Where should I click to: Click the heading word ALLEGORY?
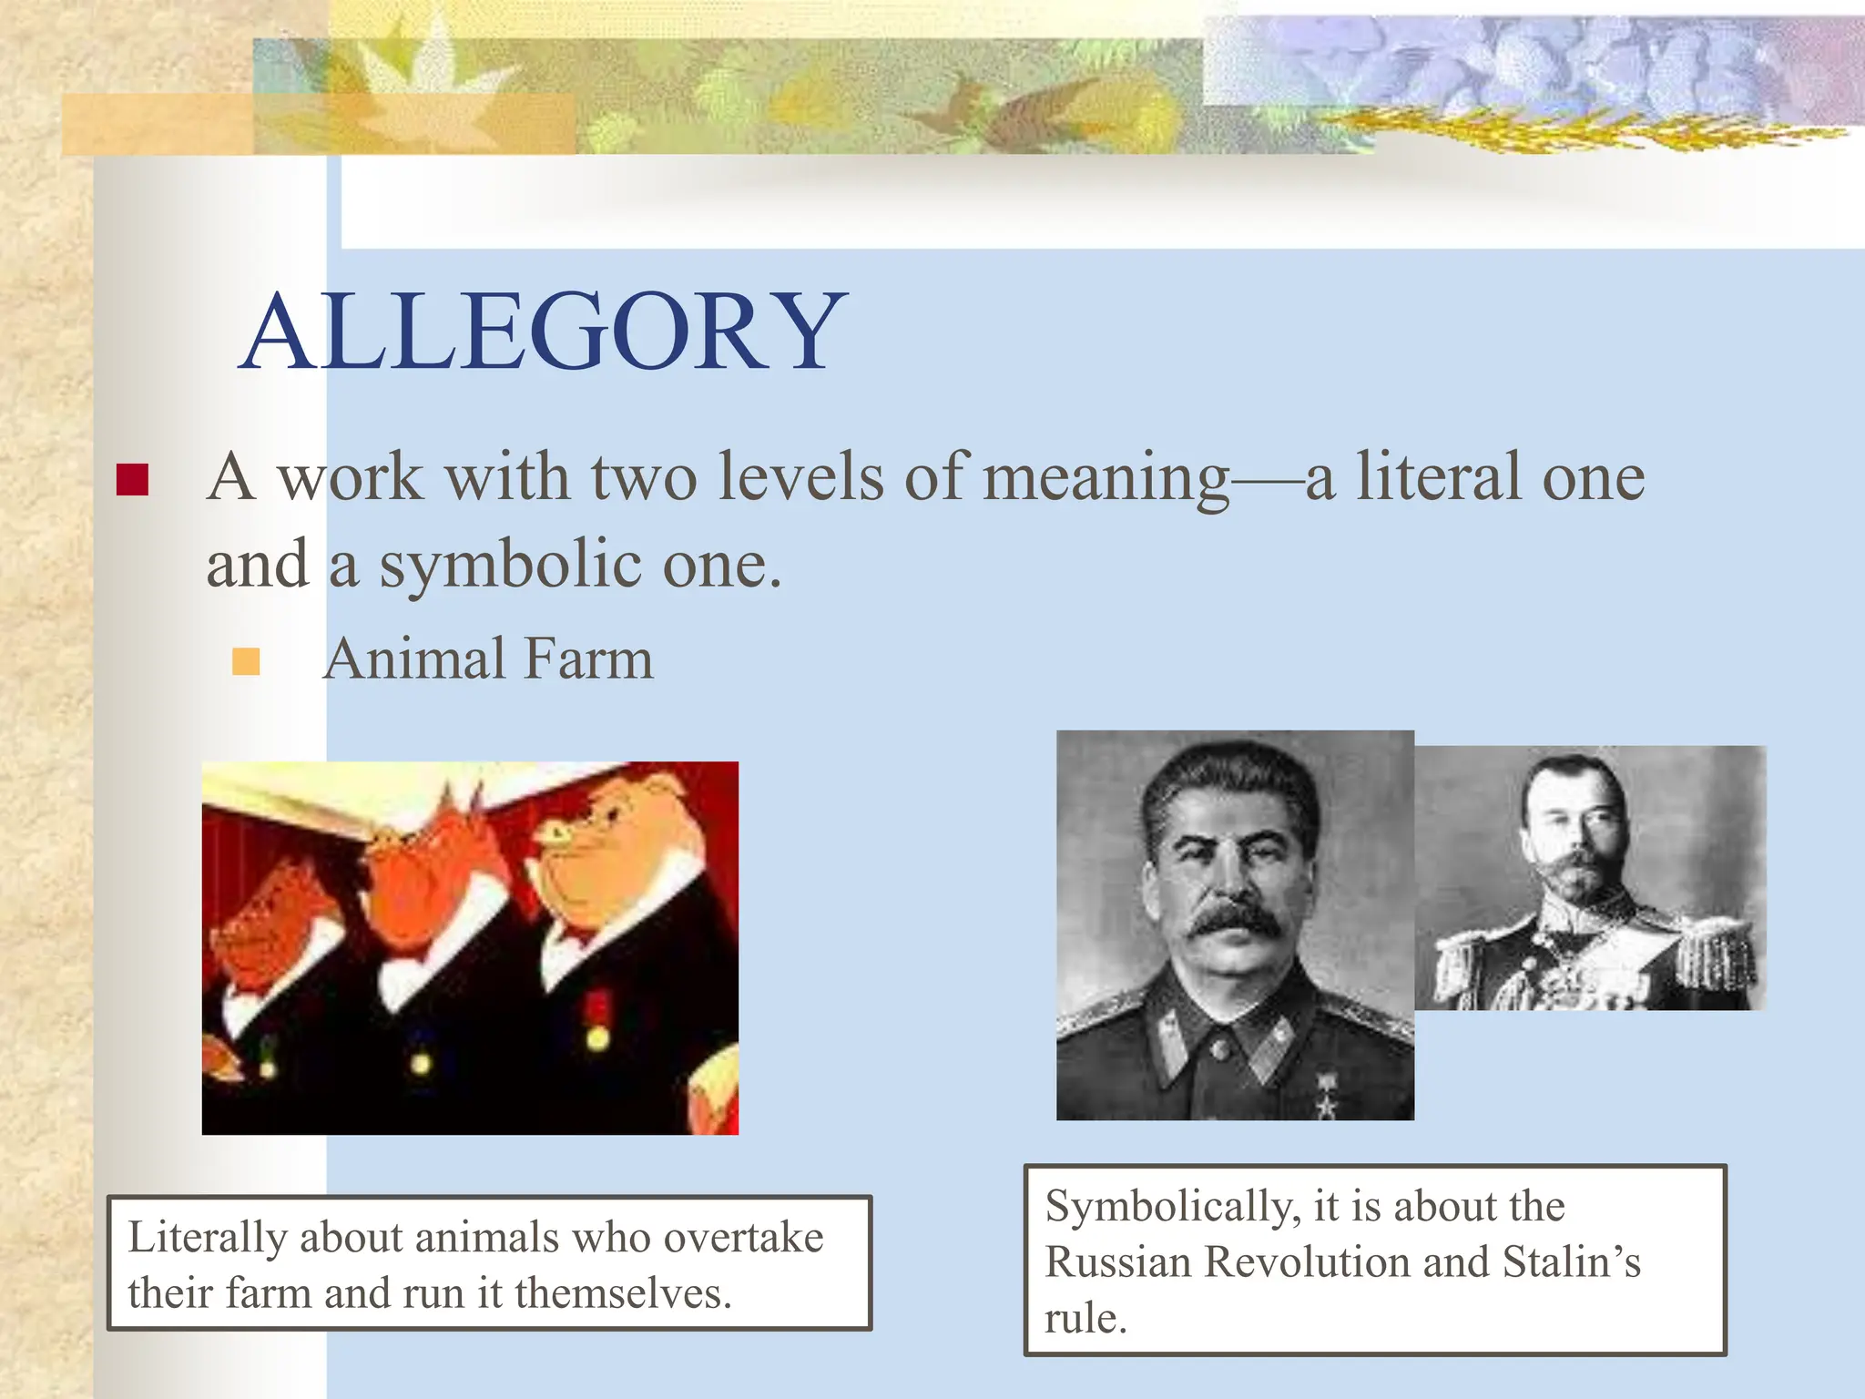[543, 332]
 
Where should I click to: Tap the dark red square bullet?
[133, 479]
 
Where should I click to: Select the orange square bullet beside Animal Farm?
[246, 661]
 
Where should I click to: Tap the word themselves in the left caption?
[623, 1293]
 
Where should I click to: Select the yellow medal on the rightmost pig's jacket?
[597, 1037]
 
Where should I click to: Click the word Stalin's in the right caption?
[1571, 1262]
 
